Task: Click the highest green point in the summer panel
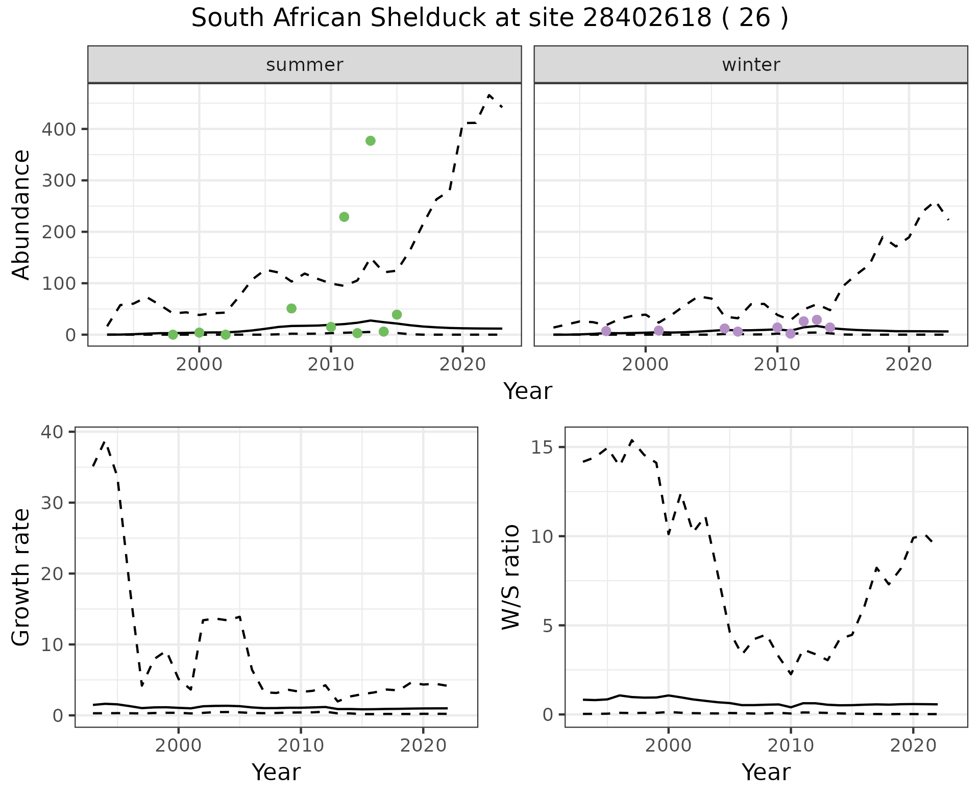[x=371, y=141]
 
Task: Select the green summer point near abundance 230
[x=344, y=217]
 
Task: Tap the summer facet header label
[x=305, y=65]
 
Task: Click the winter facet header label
[x=751, y=65]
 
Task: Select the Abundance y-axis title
[x=21, y=214]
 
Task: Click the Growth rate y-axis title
[x=21, y=577]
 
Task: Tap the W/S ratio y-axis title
[x=511, y=577]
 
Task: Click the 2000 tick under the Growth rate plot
[x=178, y=745]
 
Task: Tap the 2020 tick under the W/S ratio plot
[x=913, y=745]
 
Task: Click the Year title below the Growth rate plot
[x=276, y=772]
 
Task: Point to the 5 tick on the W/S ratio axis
[x=549, y=626]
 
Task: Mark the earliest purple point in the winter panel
[x=606, y=331]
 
